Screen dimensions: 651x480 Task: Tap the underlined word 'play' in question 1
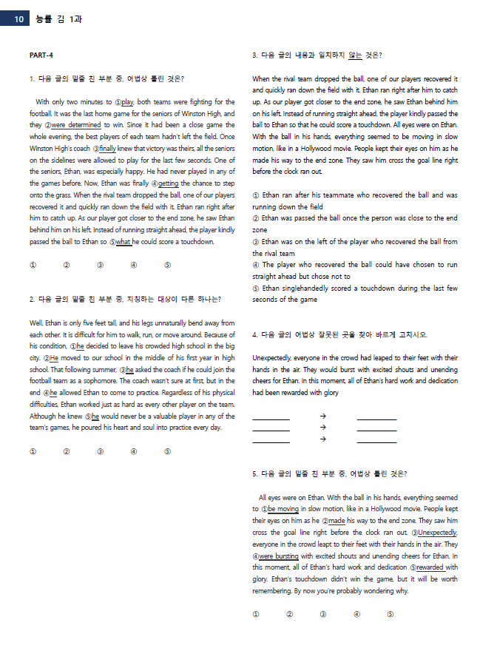pyautogui.click(x=127, y=101)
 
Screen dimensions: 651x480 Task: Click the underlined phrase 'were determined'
pyautogui.click(x=75, y=125)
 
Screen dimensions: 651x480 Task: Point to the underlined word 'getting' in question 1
pyautogui.click(x=169, y=183)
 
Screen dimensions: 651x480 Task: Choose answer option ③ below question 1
pyautogui.click(x=100, y=266)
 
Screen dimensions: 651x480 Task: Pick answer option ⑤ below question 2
pyautogui.click(x=167, y=451)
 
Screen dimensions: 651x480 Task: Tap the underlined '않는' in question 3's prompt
pyautogui.click(x=355, y=55)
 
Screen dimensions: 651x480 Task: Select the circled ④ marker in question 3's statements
pyautogui.click(x=256, y=265)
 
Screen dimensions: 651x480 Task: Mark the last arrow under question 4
pyautogui.click(x=322, y=439)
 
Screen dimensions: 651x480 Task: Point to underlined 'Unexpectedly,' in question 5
pyautogui.click(x=436, y=533)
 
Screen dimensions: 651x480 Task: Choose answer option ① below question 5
pyautogui.click(x=256, y=614)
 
